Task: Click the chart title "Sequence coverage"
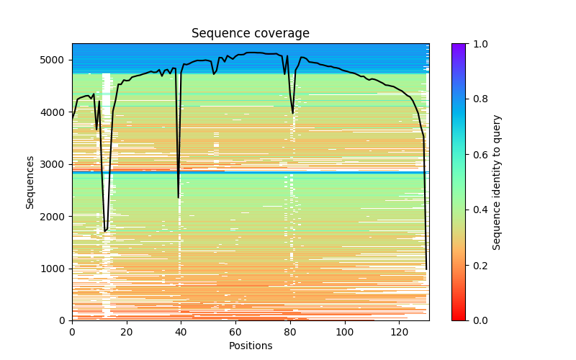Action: click(x=250, y=34)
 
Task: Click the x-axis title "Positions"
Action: click(x=250, y=346)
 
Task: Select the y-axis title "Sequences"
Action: click(x=30, y=181)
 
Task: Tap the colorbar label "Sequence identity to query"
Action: click(x=498, y=182)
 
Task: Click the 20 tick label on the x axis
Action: click(x=127, y=332)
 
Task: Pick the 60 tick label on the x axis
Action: click(x=235, y=332)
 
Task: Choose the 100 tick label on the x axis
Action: click(x=345, y=332)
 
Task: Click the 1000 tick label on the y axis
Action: click(x=55, y=269)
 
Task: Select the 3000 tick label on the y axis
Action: click(x=55, y=164)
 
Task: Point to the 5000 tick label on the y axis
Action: click(x=55, y=60)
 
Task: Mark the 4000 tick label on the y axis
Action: click(x=55, y=112)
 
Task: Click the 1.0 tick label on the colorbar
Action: click(x=477, y=44)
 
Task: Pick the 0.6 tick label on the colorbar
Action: click(x=477, y=155)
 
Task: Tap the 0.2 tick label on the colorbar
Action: click(x=477, y=265)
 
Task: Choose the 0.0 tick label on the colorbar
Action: click(x=477, y=320)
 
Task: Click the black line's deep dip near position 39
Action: click(x=179, y=197)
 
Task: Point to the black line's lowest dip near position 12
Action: click(x=105, y=231)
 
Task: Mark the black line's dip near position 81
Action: click(x=292, y=112)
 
